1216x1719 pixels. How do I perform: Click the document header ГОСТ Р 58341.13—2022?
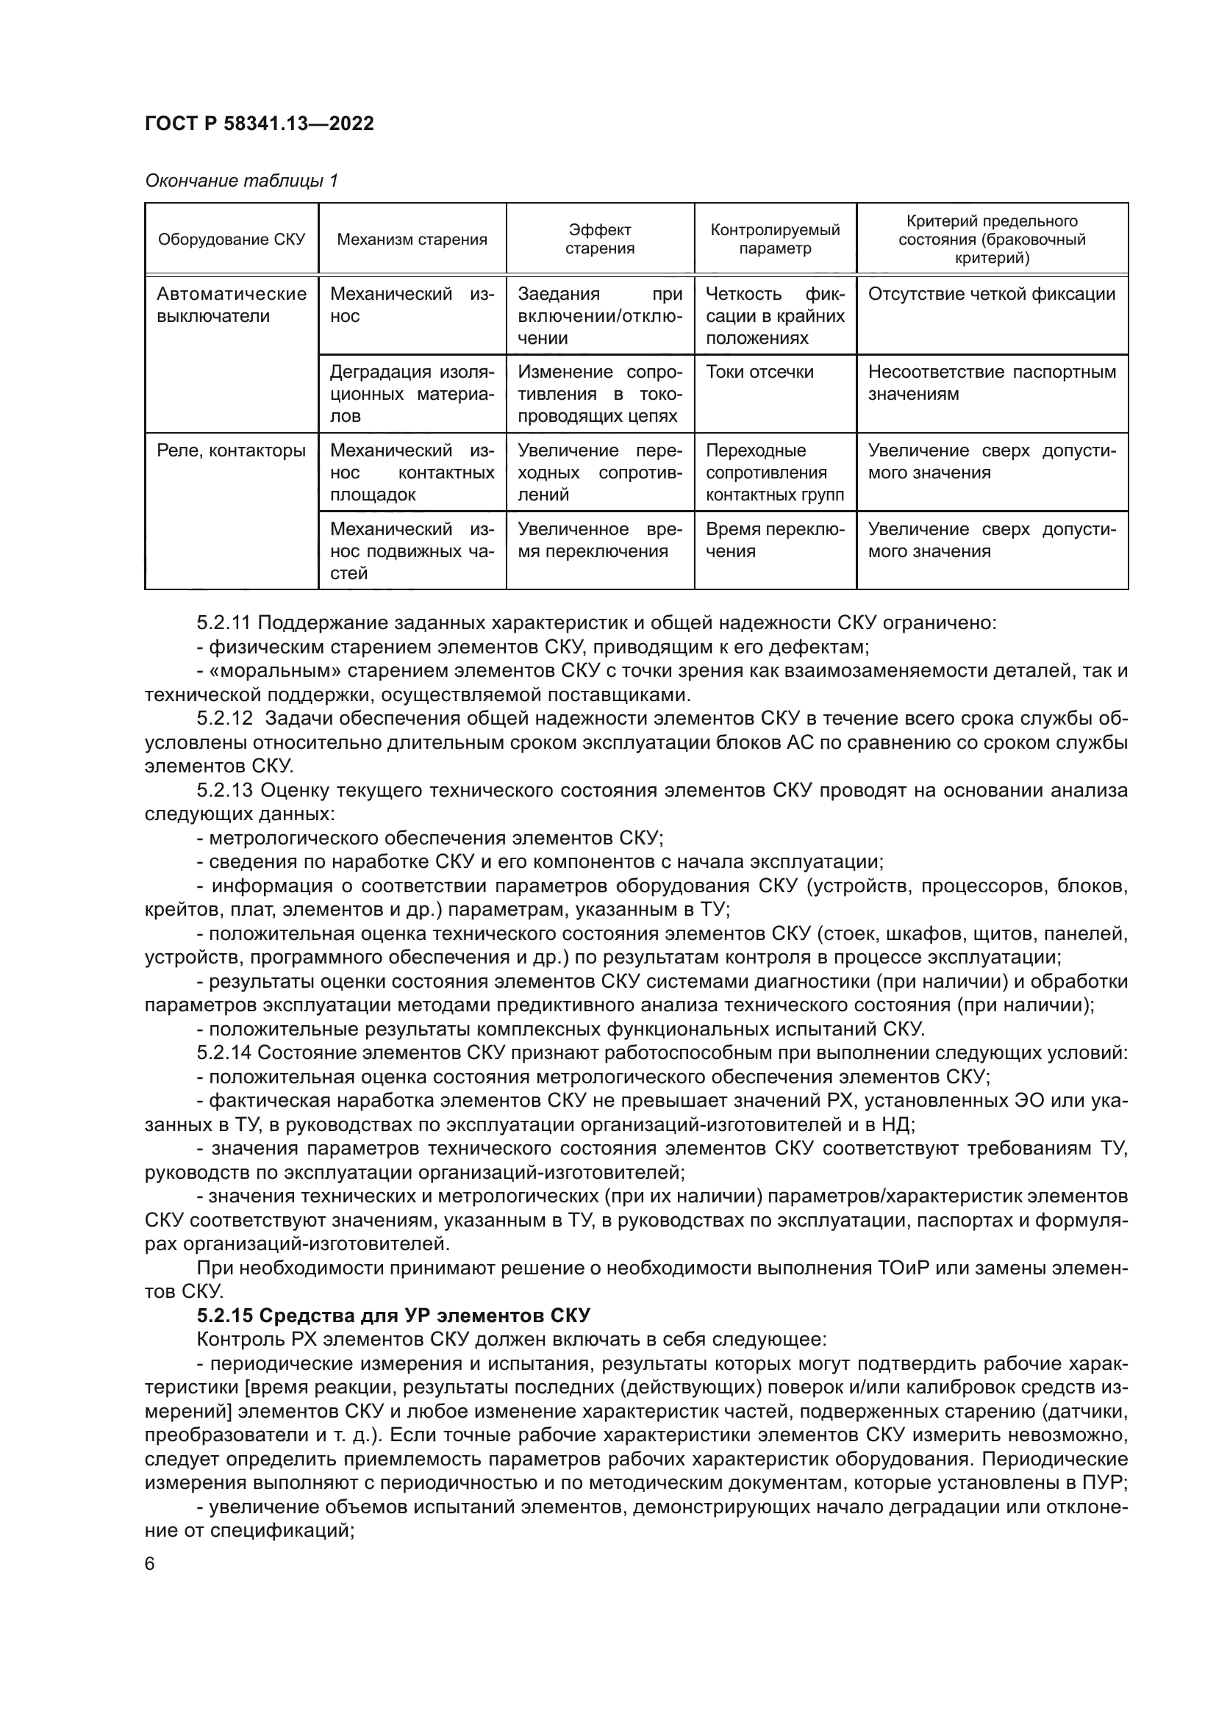tap(259, 123)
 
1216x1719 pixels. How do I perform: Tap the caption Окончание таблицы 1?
tap(241, 181)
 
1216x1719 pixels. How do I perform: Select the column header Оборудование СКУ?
tap(232, 240)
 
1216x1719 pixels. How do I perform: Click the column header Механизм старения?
tap(412, 240)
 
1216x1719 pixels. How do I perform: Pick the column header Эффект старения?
tap(600, 239)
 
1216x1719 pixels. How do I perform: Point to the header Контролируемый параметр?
tap(775, 239)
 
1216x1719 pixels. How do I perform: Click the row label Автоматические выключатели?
tap(232, 305)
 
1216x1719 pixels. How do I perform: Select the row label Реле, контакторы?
tap(232, 451)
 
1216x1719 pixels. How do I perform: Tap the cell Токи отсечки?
tap(759, 372)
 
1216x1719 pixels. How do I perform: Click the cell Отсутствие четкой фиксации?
tap(991, 294)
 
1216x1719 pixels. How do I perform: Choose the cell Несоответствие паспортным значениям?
tap(991, 383)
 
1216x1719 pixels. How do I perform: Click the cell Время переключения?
tap(774, 540)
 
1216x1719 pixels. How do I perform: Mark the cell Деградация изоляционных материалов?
tap(412, 394)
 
